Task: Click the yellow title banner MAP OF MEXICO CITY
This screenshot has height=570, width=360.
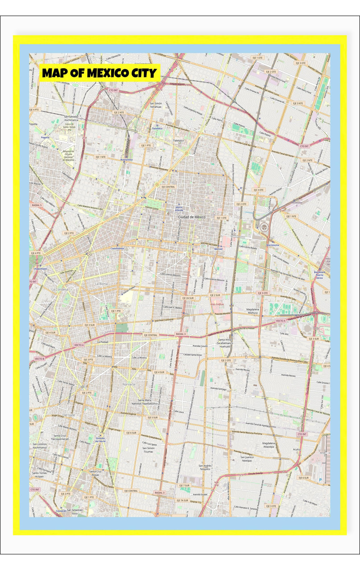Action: click(100, 73)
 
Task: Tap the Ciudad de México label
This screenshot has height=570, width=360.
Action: click(191, 217)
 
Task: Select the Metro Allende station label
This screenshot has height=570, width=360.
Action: click(179, 209)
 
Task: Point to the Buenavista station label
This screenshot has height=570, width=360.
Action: click(126, 160)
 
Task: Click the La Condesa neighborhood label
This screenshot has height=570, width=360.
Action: click(60, 289)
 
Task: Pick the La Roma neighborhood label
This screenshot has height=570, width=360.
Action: click(101, 284)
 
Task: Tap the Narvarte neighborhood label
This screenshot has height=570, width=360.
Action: click(129, 384)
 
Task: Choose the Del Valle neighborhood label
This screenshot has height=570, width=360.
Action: click(69, 415)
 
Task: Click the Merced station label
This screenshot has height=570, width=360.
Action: click(218, 249)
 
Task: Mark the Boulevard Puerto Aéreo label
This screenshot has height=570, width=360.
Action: click(319, 275)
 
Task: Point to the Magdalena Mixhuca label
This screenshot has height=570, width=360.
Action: click(253, 311)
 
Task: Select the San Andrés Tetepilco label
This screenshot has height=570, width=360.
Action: click(205, 467)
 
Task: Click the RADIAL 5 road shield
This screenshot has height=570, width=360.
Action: click(37, 205)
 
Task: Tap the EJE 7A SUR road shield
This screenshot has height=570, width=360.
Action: click(182, 500)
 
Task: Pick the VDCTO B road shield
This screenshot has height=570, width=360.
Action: click(39, 359)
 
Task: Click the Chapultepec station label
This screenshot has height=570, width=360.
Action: click(40, 269)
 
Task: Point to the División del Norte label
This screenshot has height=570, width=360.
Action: click(100, 440)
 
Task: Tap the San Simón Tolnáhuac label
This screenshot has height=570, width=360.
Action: click(156, 105)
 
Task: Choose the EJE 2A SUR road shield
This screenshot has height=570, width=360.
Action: click(188, 298)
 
